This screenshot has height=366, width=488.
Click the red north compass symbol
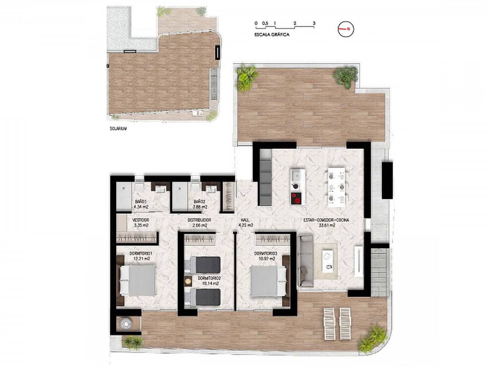point(346,29)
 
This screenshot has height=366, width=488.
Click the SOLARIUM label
point(117,129)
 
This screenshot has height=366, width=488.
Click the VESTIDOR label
point(140,220)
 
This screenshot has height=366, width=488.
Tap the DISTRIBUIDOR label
point(199,220)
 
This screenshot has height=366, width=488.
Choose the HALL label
point(246,220)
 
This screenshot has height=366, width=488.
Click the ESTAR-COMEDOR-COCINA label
point(326,220)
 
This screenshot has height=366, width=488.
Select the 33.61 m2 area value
point(326,225)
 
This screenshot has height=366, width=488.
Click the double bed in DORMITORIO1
point(138,280)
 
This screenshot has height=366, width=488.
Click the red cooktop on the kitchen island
point(296,199)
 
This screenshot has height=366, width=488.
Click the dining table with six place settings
point(336,186)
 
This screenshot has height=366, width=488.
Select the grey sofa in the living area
point(305,262)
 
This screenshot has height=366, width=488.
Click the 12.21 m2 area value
point(141,258)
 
